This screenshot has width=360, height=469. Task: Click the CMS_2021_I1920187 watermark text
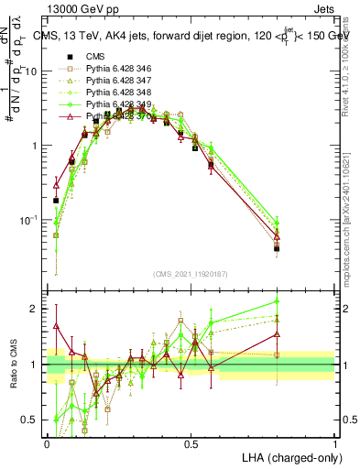(x=191, y=273)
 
